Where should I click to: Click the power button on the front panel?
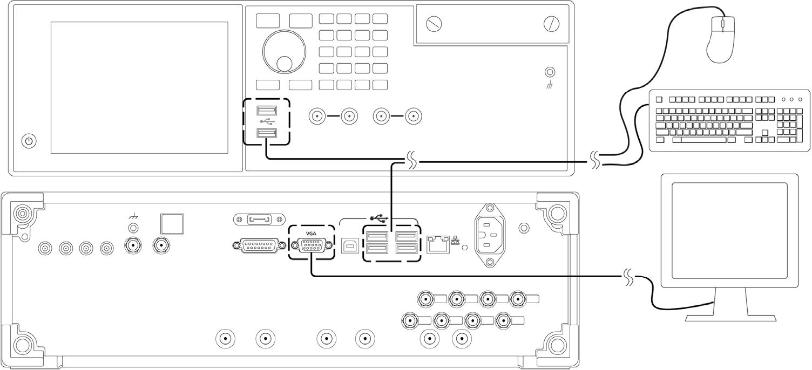[29, 141]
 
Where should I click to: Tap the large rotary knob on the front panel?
[284, 52]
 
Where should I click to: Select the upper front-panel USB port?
[267, 110]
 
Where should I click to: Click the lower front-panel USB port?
[267, 133]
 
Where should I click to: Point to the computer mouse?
[721, 39]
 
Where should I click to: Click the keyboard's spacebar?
[700, 140]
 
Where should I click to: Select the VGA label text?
[311, 234]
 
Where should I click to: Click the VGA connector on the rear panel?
[312, 245]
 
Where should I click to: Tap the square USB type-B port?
[350, 245]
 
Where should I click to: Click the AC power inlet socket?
[490, 235]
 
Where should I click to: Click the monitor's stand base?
[730, 318]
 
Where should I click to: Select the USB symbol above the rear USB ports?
[380, 218]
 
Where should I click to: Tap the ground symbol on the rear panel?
[133, 216]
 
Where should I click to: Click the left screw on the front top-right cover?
[434, 25]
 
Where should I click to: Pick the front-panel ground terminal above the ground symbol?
[550, 72]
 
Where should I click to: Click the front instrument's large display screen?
[139, 87]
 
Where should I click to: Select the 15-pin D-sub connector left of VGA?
[259, 246]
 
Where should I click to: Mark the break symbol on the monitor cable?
[630, 277]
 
